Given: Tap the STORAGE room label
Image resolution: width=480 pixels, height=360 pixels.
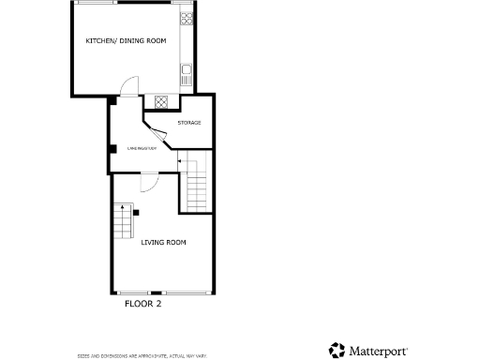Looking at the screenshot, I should pyautogui.click(x=189, y=123).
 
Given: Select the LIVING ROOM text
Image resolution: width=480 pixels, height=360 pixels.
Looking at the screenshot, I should pyautogui.click(x=164, y=243).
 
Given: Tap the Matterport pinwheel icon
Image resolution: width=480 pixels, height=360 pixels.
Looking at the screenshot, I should pyautogui.click(x=337, y=351).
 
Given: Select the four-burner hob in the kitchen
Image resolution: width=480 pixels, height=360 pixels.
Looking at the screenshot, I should pyautogui.click(x=186, y=17).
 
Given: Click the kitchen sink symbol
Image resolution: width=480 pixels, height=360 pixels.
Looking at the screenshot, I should pyautogui.click(x=186, y=68).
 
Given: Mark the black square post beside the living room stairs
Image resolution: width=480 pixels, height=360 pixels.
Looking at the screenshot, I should pyautogui.click(x=136, y=214).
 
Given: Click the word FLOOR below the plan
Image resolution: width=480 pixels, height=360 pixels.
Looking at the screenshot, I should pyautogui.click(x=138, y=304).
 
